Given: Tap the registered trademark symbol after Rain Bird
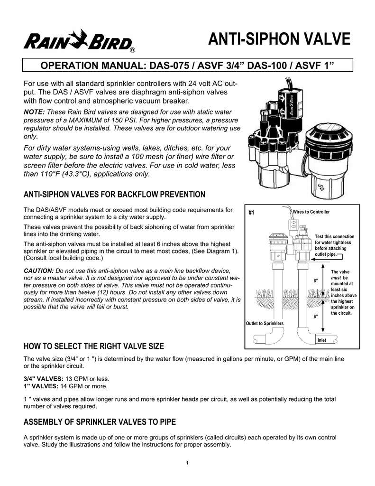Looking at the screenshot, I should tap(134, 50).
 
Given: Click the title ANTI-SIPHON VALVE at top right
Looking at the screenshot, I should tap(279, 39).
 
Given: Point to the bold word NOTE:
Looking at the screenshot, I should tap(34, 112).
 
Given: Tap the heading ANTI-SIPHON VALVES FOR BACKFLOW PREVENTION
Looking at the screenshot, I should tap(114, 195).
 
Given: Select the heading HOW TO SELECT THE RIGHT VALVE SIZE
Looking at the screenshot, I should tap(93, 345).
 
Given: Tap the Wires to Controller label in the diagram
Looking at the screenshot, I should tap(311, 211).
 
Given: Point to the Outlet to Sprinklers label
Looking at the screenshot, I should tap(265, 323).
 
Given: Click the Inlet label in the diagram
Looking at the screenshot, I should tap(321, 340).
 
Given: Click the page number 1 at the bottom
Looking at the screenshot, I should tap(188, 463).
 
